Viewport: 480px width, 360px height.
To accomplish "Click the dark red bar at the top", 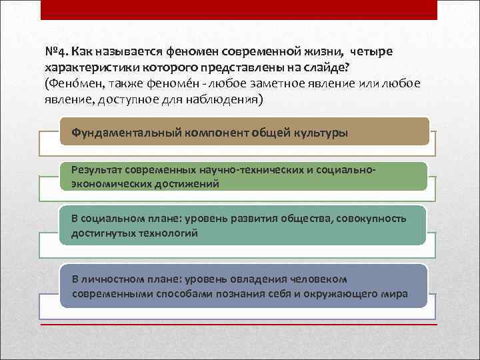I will click(239, 9).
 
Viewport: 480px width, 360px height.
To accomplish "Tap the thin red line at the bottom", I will click(239, 325).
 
